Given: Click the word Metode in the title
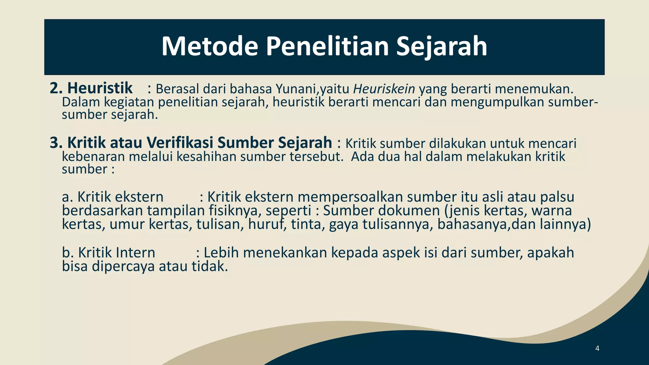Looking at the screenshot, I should coord(210,46).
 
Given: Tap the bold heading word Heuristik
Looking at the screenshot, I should coord(100,88).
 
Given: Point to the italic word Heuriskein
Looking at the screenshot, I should coord(384,89).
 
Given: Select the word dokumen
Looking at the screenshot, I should coord(409,211).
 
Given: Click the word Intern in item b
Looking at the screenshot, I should coord(135,253).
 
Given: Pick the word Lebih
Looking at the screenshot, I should coord(221,253).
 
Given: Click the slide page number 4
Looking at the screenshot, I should coord(597,349).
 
